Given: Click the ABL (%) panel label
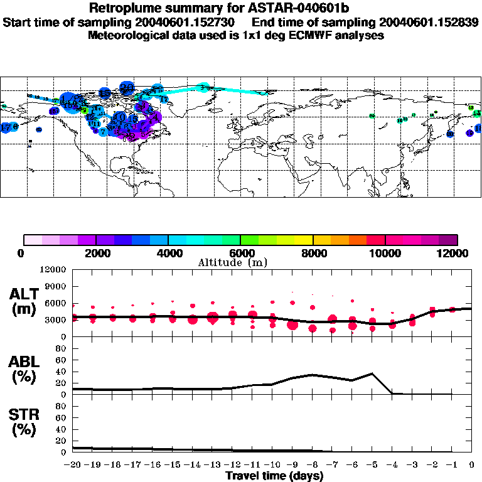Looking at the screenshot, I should tap(25, 369).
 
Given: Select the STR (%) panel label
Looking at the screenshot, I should tap(25, 423).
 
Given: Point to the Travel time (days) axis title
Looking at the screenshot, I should tap(274, 476).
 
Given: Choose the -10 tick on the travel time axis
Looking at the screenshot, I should tap(272, 465).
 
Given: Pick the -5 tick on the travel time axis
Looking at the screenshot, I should tap(372, 465).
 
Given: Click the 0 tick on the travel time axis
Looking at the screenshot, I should tap(472, 465).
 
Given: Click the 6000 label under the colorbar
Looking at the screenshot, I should tap(240, 253).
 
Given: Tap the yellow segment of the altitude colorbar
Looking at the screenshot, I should tap(304, 240).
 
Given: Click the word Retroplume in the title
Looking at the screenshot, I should tap(122, 8).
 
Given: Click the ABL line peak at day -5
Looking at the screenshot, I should tap(372, 373).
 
